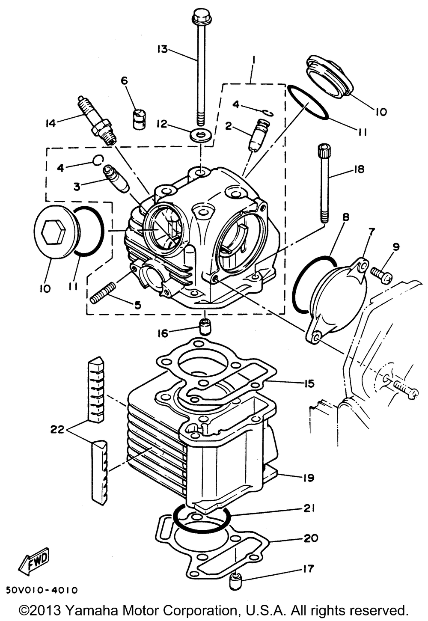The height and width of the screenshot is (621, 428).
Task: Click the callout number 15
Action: [x=308, y=383]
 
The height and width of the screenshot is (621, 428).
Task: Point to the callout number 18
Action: [x=358, y=169]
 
